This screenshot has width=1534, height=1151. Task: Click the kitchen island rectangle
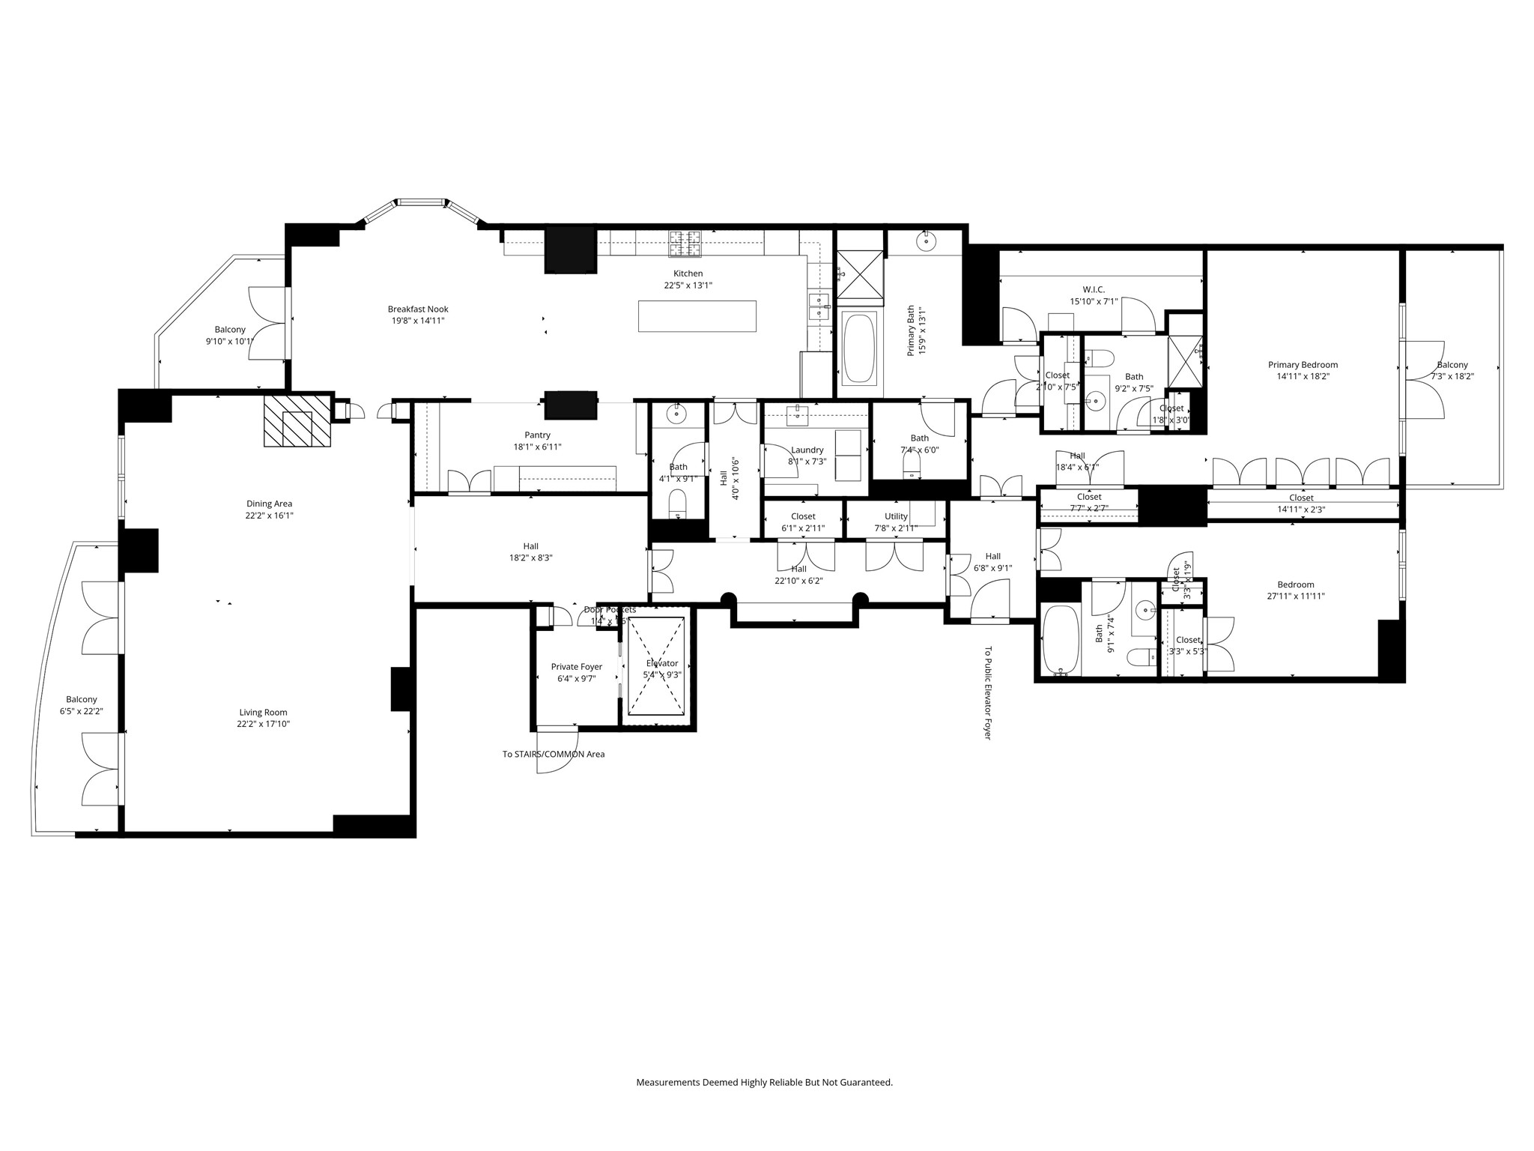pos(697,315)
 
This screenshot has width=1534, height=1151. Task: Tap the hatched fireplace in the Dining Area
pos(297,420)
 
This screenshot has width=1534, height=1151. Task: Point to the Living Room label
pos(263,713)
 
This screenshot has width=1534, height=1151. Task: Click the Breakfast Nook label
pos(418,309)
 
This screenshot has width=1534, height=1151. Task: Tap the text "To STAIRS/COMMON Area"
pos(553,754)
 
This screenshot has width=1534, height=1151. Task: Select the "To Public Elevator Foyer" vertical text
pos(987,693)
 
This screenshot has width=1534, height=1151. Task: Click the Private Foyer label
pos(576,667)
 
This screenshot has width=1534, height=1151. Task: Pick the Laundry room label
pos(807,450)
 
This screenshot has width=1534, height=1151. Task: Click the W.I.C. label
pos(1093,290)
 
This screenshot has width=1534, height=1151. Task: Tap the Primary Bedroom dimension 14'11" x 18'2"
pos(1303,376)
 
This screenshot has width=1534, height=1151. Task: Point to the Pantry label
pos(537,435)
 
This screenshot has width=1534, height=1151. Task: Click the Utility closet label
pos(895,516)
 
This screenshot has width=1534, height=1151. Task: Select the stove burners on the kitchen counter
pos(685,241)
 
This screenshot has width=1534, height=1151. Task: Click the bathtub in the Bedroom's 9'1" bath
pos(1061,640)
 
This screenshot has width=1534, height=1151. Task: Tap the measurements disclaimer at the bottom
pos(764,1082)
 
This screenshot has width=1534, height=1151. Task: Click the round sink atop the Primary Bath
pos(927,240)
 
